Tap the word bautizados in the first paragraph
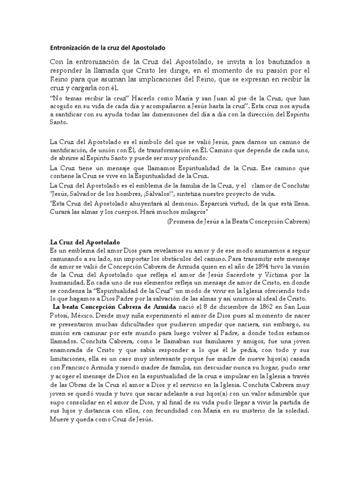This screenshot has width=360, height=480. [x=281, y=62]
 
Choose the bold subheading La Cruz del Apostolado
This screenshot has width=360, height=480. [x=85, y=241]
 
